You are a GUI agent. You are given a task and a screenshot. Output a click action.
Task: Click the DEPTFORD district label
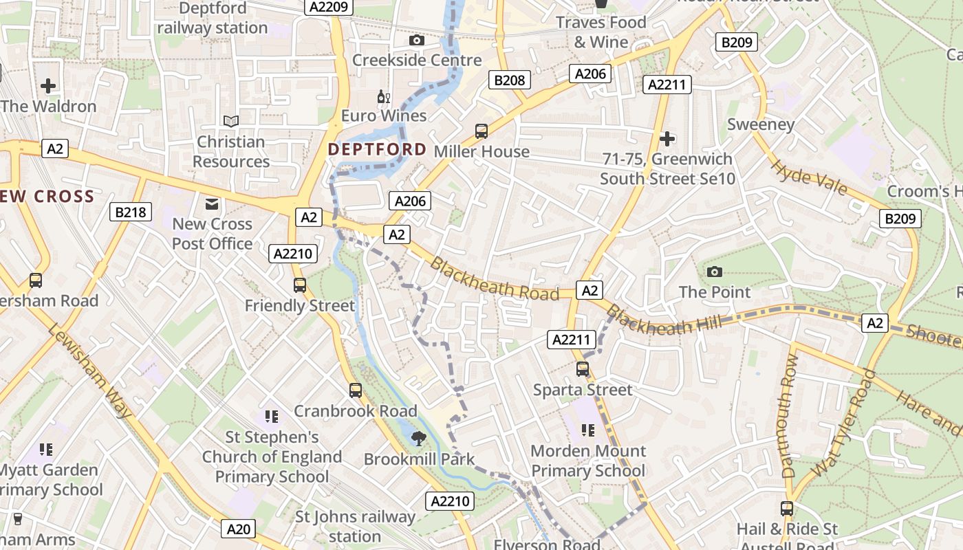(x=377, y=149)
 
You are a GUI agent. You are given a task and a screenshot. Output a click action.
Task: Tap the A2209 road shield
(x=329, y=7)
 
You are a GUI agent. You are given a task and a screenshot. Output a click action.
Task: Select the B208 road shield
(x=510, y=80)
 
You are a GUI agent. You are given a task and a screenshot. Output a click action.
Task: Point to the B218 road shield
(x=131, y=212)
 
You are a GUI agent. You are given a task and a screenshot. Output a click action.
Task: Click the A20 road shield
(x=239, y=529)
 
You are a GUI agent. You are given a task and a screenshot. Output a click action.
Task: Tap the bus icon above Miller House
(x=481, y=131)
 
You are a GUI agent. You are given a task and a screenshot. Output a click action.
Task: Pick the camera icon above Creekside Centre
(x=417, y=40)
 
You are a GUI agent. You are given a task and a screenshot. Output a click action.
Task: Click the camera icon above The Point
(x=715, y=272)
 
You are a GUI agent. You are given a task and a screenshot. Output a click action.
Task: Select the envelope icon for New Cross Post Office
(x=212, y=203)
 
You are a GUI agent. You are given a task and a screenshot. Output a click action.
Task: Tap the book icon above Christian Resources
(x=231, y=121)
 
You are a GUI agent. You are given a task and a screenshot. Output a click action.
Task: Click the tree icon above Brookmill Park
(x=418, y=438)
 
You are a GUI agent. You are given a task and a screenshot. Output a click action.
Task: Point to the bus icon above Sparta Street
(x=583, y=369)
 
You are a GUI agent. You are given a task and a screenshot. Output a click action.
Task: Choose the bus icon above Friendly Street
(x=299, y=285)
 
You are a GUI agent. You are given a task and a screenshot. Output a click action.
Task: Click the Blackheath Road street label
(x=494, y=279)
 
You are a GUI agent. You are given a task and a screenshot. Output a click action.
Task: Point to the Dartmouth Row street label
(x=790, y=417)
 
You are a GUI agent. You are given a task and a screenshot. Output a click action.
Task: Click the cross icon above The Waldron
(x=48, y=86)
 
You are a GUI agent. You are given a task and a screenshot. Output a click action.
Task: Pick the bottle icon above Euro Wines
(x=384, y=97)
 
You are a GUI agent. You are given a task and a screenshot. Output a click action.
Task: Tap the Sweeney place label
(x=761, y=124)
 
